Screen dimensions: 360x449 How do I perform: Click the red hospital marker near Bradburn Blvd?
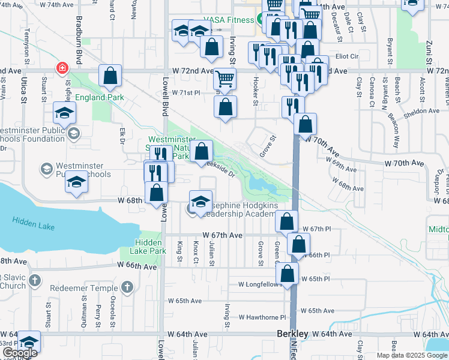[x=61, y=68]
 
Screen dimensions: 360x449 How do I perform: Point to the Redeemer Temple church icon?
[x=126, y=288]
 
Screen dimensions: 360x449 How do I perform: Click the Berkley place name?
[x=292, y=334]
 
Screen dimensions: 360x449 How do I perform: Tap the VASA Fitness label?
[x=229, y=20]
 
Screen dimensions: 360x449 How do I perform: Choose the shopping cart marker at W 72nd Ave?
[x=224, y=79]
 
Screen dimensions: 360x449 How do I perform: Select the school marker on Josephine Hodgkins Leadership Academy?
[x=201, y=201]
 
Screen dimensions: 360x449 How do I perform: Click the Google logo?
[x=20, y=353]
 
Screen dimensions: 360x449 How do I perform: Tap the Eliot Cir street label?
[x=347, y=56]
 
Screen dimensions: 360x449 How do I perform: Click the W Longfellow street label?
[x=260, y=284]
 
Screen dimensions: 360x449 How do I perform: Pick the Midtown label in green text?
[x=439, y=229]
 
